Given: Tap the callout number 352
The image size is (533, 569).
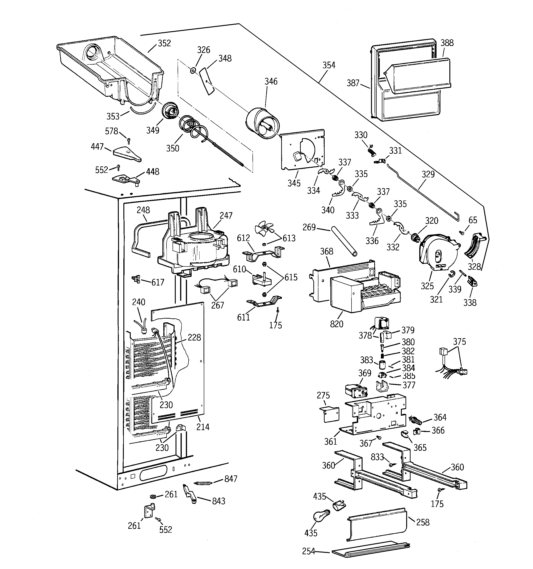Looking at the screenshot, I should tap(164, 43).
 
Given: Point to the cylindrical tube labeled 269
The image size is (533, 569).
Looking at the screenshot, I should tap(344, 242).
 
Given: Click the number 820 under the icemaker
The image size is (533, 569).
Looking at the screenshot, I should tap(336, 324).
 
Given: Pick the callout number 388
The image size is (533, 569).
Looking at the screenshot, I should tap(447, 43).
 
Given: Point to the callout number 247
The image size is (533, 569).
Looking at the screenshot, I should tap(226, 215).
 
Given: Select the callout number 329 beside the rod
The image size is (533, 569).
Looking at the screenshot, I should tap(428, 174).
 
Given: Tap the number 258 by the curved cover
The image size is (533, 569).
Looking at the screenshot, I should tap(422, 522).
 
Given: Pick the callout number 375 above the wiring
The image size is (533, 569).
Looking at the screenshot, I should tap(459, 341).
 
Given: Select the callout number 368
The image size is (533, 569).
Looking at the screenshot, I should tap(326, 251).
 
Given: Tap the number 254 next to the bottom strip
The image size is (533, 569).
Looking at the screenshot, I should tap(308, 551).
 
